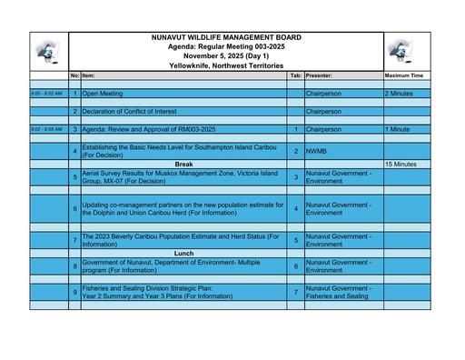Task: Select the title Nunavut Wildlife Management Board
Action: point(226,38)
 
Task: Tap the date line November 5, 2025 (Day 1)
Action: point(226,56)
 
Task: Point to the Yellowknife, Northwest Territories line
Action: point(226,65)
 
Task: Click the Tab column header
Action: point(296,75)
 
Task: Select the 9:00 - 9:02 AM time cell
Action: point(47,93)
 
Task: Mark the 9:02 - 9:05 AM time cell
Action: point(47,129)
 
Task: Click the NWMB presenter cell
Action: point(317,151)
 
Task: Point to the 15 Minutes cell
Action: point(401,165)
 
